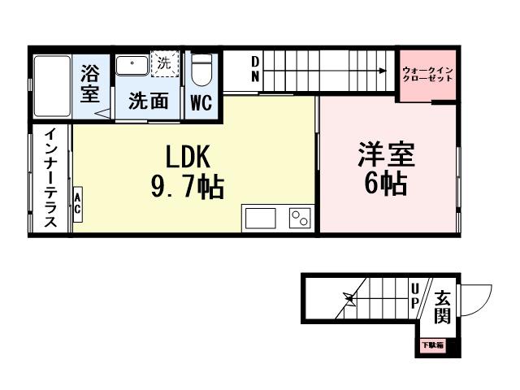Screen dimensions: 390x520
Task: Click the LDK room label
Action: coord(188,155)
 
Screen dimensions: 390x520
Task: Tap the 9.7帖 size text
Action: coord(188,188)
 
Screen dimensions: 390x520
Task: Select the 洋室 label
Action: coord(387,154)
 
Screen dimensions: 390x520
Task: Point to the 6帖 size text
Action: coord(386,184)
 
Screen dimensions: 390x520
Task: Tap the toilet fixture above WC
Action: coord(201,71)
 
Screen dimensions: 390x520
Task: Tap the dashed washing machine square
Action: coord(166,63)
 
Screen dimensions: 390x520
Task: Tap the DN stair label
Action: coord(254,69)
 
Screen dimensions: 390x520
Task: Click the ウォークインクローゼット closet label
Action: coord(427,76)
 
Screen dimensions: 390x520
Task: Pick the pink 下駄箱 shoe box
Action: coord(432,346)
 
